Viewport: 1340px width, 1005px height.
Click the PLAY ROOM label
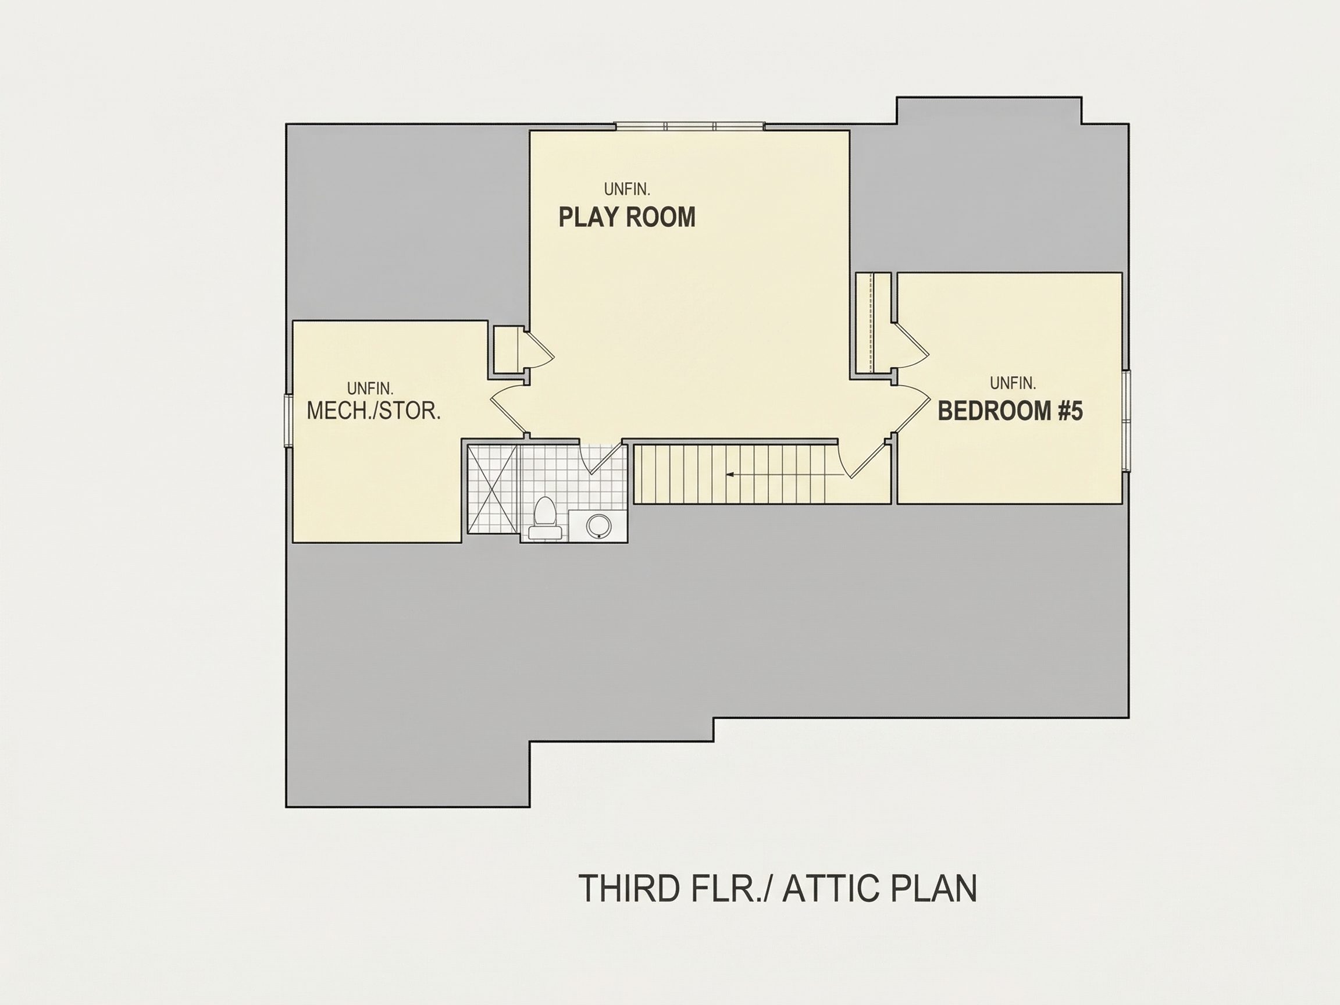[x=627, y=217]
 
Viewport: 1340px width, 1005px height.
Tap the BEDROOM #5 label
[x=1010, y=411]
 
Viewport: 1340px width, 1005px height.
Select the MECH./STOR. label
[x=374, y=411]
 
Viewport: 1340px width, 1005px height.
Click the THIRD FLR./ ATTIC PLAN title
[x=778, y=888]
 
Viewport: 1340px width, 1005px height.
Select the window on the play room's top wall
[x=690, y=126]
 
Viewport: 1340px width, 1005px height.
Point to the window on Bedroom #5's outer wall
[x=1125, y=421]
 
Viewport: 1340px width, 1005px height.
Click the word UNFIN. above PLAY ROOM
[x=627, y=190]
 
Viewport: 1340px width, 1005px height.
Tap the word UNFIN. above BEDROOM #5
[x=1013, y=383]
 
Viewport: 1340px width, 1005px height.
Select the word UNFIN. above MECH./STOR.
[x=370, y=389]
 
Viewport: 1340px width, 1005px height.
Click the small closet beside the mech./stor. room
[x=508, y=350]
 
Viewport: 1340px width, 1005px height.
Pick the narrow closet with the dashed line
[x=873, y=322]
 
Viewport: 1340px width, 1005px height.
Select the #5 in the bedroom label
[x=1070, y=411]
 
